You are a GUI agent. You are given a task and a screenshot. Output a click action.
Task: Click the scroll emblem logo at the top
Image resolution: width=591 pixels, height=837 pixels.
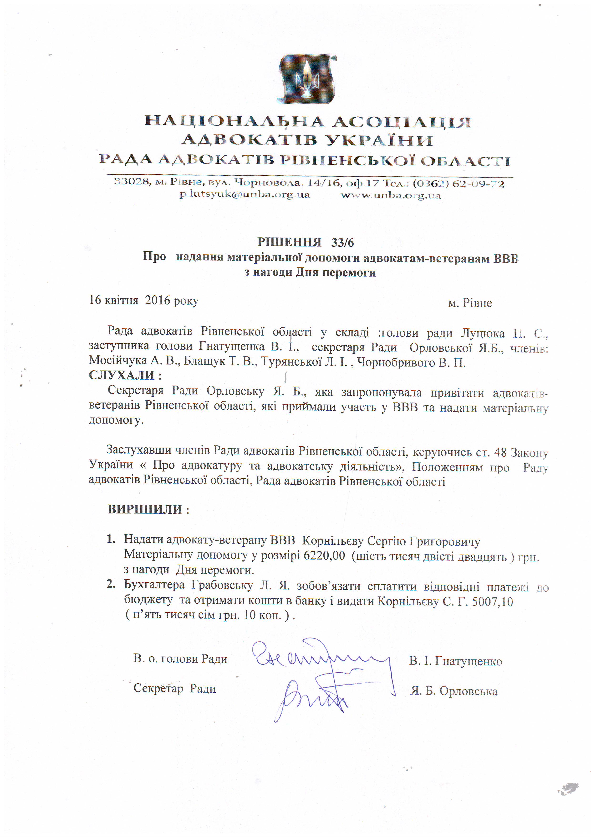tap(307, 79)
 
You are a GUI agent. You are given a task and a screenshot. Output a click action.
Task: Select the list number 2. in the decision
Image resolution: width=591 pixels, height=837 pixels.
tap(111, 584)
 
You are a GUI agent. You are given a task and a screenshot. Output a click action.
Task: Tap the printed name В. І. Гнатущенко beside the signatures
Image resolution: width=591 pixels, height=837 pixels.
tap(456, 661)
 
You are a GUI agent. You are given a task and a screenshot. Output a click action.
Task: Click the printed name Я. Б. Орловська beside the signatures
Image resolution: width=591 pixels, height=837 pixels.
tap(454, 691)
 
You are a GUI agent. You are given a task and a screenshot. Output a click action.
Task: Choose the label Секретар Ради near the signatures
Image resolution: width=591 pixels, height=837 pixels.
tap(175, 688)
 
